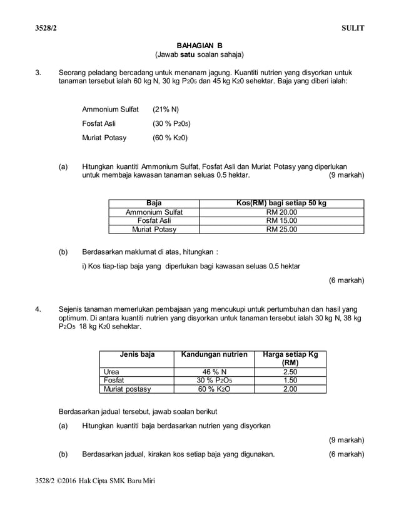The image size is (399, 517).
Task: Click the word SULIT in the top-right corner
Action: [x=353, y=28]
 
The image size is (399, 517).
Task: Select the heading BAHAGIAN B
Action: [x=199, y=45]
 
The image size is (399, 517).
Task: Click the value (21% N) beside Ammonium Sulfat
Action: [x=166, y=109]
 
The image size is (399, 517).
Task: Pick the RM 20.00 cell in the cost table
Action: [x=281, y=212]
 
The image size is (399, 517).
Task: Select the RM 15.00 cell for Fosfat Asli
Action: [x=281, y=221]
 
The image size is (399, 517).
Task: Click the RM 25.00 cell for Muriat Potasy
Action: [x=281, y=230]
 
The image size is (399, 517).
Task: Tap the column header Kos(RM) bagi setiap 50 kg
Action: [x=281, y=203]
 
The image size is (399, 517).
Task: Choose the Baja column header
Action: [x=154, y=203]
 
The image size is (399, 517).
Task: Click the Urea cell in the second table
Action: [x=112, y=372]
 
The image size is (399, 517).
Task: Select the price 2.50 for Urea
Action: [x=290, y=372]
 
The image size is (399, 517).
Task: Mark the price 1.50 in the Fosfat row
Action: [x=290, y=380]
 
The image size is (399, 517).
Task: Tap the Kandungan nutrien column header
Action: [x=214, y=355]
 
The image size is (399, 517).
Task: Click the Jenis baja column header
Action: [x=137, y=355]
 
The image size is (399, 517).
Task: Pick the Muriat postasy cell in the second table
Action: [x=128, y=389]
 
